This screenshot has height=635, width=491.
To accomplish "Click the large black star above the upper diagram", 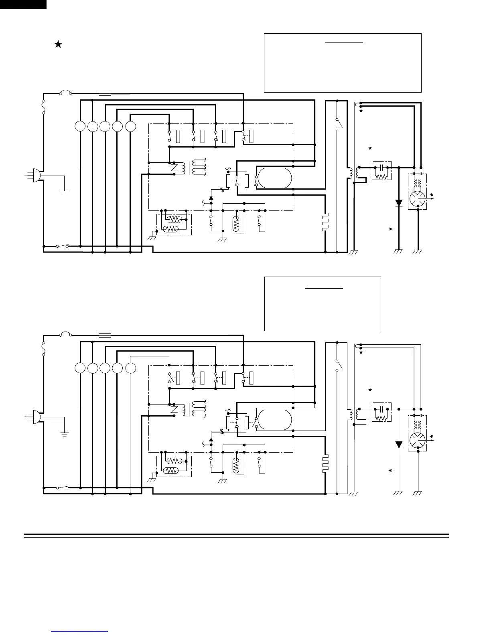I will pyautogui.click(x=58, y=44).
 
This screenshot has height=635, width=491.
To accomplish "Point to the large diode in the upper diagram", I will pyautogui.click(x=398, y=203).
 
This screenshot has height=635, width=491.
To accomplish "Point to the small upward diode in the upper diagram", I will pyautogui.click(x=211, y=198).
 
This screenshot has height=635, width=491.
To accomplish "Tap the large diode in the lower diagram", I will pyautogui.click(x=398, y=445).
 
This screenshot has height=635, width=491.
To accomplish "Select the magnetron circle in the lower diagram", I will pyautogui.click(x=418, y=440).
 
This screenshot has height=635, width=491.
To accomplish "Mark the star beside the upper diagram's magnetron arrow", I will pyautogui.click(x=432, y=194).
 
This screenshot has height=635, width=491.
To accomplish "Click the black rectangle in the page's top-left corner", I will pyautogui.click(x=23, y=4).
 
